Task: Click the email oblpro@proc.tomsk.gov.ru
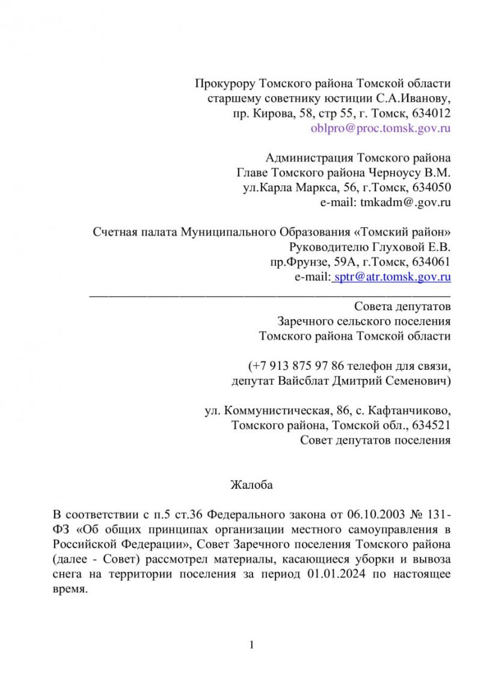(x=381, y=127)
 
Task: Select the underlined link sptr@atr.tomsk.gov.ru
(x=391, y=277)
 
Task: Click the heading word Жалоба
(x=251, y=485)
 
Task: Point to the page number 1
(x=252, y=646)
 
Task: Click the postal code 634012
(x=430, y=112)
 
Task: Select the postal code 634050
(x=430, y=188)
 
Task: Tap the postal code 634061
(x=430, y=262)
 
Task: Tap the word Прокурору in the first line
(x=224, y=82)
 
